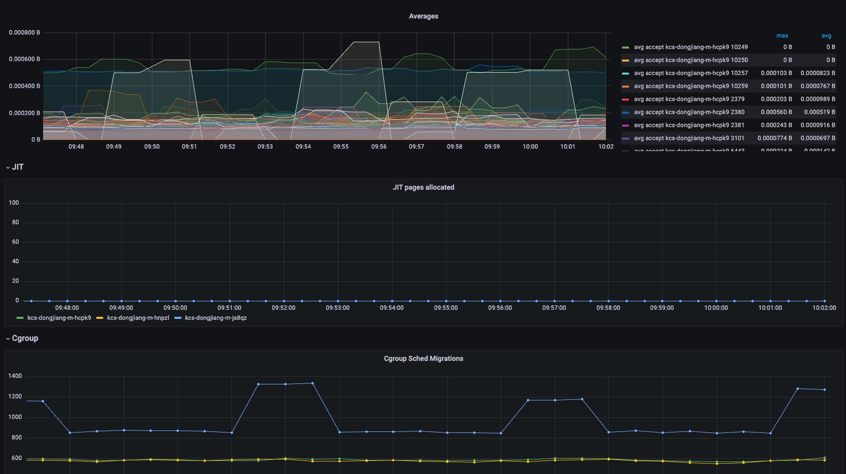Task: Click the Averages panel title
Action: (424, 16)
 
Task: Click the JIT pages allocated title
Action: (424, 187)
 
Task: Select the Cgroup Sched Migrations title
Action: (424, 358)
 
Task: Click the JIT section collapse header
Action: (15, 167)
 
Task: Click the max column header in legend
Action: (782, 36)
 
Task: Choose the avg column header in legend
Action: (826, 36)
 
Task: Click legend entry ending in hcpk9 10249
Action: (690, 47)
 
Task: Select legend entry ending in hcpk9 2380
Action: (689, 112)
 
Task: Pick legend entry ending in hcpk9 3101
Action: (689, 138)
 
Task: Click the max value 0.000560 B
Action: (776, 112)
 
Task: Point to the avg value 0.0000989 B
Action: (817, 99)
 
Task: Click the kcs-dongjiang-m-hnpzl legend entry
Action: (138, 318)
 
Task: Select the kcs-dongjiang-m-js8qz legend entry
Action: (216, 318)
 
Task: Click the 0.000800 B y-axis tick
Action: (24, 33)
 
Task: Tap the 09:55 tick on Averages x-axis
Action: (341, 147)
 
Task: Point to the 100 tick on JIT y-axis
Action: (14, 203)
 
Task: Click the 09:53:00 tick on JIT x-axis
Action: (338, 308)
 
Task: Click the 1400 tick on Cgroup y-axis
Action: (15, 376)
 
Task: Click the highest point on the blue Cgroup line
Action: (313, 383)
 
